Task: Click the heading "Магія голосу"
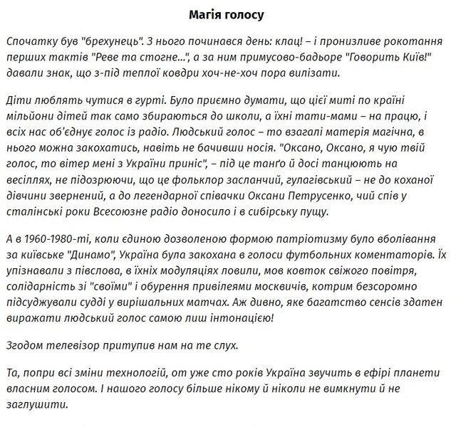tap(227, 14)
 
